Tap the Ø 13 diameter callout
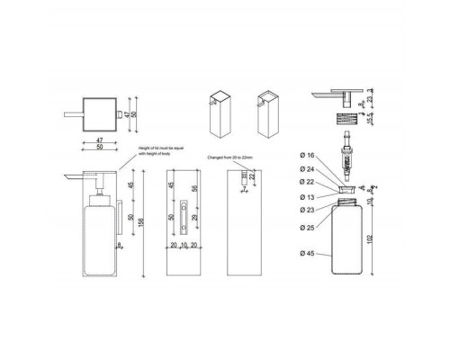[306, 195]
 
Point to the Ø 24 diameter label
[306, 168]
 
